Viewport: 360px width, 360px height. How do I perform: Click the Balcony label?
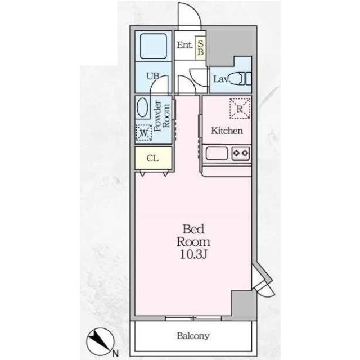click(x=193, y=336)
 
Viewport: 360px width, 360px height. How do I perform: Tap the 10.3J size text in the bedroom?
click(x=193, y=254)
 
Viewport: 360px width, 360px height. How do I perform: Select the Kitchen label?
click(x=227, y=131)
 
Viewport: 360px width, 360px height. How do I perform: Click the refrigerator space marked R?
click(x=240, y=109)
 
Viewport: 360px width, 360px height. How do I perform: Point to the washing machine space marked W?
click(x=144, y=133)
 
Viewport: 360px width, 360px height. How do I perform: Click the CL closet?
click(x=154, y=158)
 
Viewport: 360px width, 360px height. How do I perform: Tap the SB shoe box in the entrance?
click(x=200, y=48)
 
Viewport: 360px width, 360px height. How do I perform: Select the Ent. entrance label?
click(x=185, y=45)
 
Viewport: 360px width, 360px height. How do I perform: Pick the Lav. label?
click(x=222, y=79)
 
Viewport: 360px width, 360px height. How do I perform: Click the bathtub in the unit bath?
click(x=154, y=46)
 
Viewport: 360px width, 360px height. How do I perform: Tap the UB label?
click(x=153, y=76)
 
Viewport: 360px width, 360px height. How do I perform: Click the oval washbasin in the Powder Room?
click(x=142, y=107)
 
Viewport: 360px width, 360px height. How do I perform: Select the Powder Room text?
click(x=162, y=115)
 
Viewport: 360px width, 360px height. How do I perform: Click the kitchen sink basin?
click(x=217, y=153)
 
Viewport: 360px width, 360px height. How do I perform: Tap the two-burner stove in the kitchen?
click(x=241, y=152)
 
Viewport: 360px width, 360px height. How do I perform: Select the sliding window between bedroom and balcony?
click(x=193, y=318)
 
